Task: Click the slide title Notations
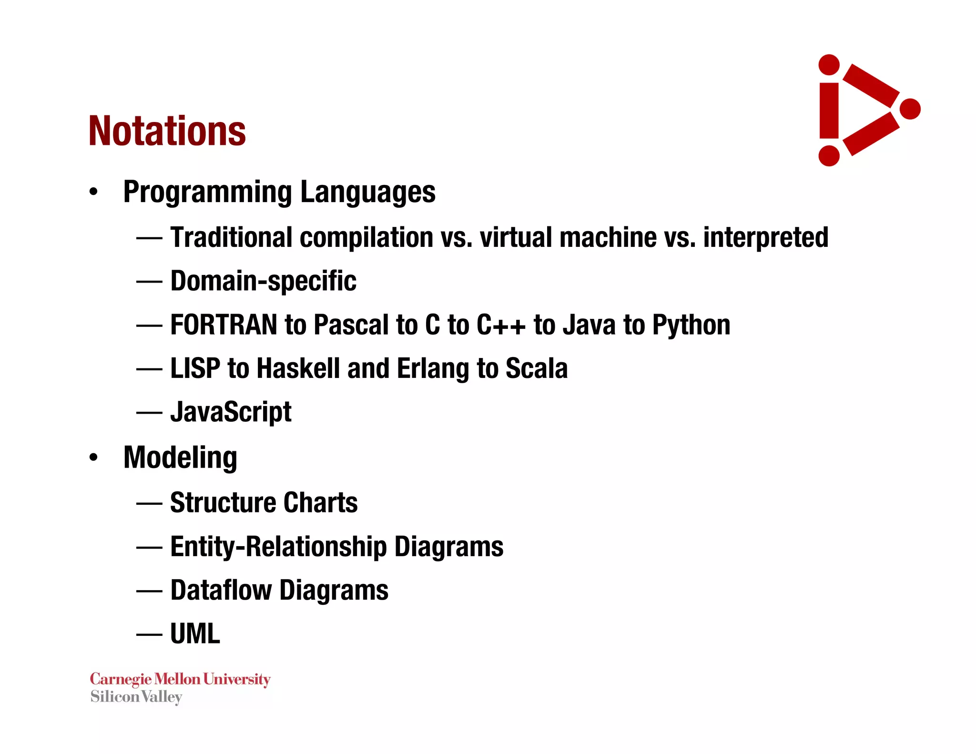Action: pyautogui.click(x=167, y=131)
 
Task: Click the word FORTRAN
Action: pyautogui.click(x=224, y=325)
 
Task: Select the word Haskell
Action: pyautogui.click(x=298, y=368)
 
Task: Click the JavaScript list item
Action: pyautogui.click(x=231, y=412)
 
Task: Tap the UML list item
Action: pyautogui.click(x=195, y=634)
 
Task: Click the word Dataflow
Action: pyautogui.click(x=221, y=590)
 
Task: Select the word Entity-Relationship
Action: pyautogui.click(x=278, y=547)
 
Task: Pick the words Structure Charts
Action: pyautogui.click(x=264, y=503)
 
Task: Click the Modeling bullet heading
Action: pyautogui.click(x=180, y=458)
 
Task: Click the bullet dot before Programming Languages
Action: pyautogui.click(x=93, y=192)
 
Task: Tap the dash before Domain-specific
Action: pyautogui.click(x=149, y=281)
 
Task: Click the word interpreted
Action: pyautogui.click(x=765, y=237)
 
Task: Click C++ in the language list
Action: pyautogui.click(x=500, y=325)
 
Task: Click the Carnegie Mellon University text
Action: pyautogui.click(x=180, y=679)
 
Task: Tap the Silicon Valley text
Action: pyautogui.click(x=136, y=697)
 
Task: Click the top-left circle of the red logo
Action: pyautogui.click(x=829, y=65)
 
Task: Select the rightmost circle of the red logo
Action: pyautogui.click(x=910, y=109)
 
